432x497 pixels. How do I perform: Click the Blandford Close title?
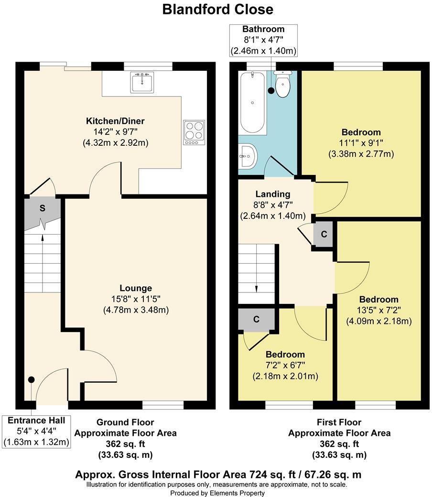(x=218, y=9)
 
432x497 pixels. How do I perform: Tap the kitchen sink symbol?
(x=142, y=82)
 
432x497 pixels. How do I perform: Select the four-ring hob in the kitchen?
(x=194, y=132)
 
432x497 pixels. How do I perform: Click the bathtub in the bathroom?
(x=253, y=103)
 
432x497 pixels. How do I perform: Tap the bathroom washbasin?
(x=248, y=156)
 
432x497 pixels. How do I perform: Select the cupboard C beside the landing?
(x=324, y=235)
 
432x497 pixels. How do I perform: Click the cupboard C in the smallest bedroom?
(x=256, y=319)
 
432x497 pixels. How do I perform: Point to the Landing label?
(x=272, y=194)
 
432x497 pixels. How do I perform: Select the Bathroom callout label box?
(x=263, y=40)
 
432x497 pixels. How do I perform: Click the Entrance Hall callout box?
(x=36, y=432)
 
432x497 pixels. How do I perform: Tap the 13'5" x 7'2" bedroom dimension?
(x=379, y=310)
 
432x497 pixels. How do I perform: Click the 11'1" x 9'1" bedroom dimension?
(x=361, y=143)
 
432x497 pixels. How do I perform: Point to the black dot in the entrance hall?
(x=32, y=379)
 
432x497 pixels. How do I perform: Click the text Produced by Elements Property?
(x=217, y=493)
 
